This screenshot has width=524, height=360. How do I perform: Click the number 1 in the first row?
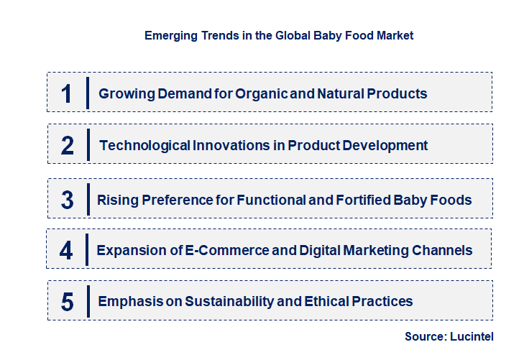click(x=67, y=93)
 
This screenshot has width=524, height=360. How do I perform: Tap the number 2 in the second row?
click(x=68, y=145)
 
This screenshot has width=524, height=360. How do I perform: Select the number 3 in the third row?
click(x=68, y=200)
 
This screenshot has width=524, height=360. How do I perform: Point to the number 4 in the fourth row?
click(x=67, y=250)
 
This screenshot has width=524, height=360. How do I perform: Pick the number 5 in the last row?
click(x=68, y=302)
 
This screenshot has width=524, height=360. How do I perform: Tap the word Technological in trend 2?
click(x=144, y=145)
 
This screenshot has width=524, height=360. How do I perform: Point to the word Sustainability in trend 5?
click(x=220, y=301)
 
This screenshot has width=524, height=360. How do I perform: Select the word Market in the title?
click(x=395, y=35)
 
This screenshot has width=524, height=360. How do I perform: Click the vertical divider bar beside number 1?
click(x=87, y=93)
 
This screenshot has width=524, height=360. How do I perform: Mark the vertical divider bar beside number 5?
click(x=87, y=300)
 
